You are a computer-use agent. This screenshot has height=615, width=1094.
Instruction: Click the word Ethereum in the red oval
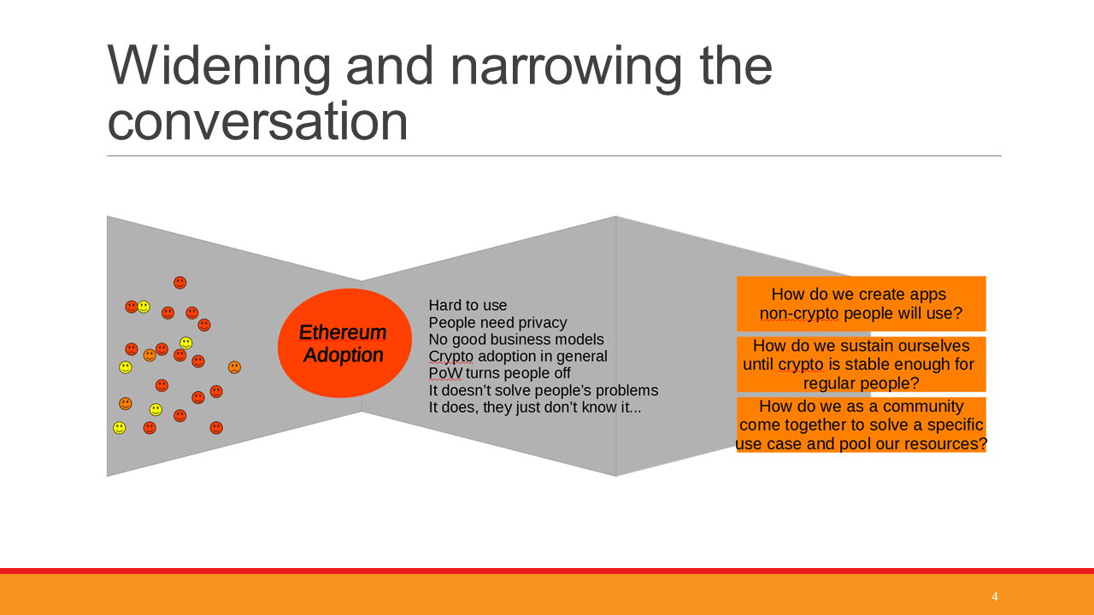point(343,332)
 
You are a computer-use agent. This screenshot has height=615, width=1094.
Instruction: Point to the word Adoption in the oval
point(343,355)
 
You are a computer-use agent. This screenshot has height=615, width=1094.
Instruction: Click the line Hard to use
point(468,305)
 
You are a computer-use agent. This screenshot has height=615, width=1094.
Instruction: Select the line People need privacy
point(497,323)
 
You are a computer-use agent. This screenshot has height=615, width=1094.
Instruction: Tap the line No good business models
point(516,339)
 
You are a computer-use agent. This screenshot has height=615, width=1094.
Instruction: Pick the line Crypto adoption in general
point(518,356)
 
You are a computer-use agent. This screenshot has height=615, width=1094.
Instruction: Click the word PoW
point(445,373)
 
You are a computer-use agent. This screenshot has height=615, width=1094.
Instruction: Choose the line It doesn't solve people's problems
point(543,390)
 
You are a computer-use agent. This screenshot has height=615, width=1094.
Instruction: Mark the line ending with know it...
point(535,407)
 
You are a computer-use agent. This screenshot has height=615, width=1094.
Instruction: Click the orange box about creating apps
point(861,303)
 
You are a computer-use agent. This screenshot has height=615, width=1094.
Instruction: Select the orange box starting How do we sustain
point(861,364)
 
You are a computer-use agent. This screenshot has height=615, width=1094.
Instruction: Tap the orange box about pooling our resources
point(861,425)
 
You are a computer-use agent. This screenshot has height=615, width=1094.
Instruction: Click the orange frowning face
point(234,367)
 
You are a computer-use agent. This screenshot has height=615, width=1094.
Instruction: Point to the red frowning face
point(132,349)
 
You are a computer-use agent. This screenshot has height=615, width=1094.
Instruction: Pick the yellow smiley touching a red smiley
point(144,307)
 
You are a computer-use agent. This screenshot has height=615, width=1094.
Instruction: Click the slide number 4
point(994,596)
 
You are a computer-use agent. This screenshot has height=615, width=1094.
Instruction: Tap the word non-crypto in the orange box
point(799,313)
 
